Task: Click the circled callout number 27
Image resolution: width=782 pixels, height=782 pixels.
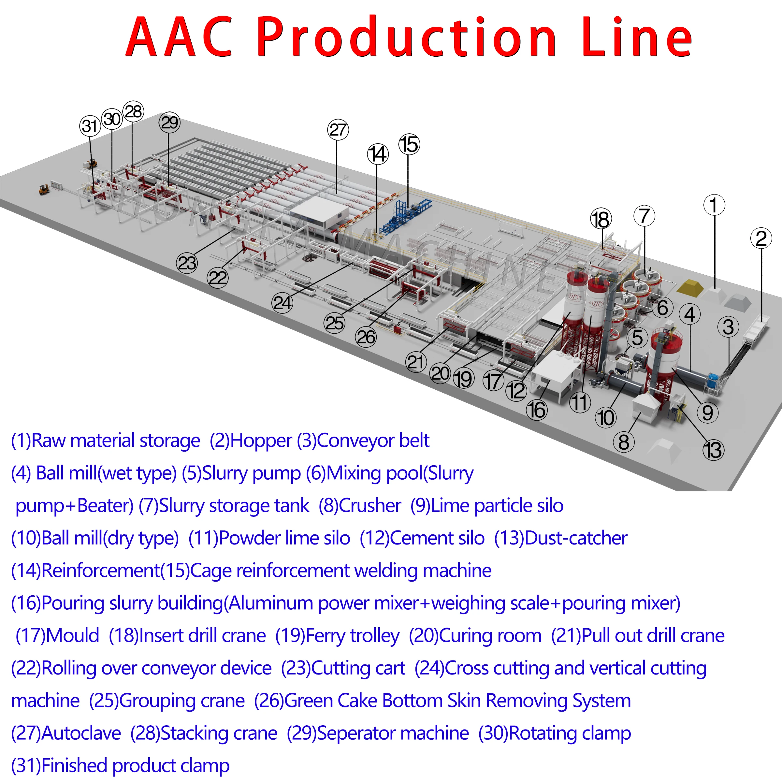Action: pyautogui.click(x=338, y=130)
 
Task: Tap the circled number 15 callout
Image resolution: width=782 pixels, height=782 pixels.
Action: pyautogui.click(x=409, y=144)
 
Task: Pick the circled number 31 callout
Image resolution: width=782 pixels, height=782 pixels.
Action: pyautogui.click(x=90, y=126)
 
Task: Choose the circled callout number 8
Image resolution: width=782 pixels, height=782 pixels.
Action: pyautogui.click(x=624, y=442)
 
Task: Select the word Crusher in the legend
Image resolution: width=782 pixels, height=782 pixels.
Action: pyautogui.click(x=369, y=506)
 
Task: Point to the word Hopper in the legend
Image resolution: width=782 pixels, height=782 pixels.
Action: pyautogui.click(x=261, y=441)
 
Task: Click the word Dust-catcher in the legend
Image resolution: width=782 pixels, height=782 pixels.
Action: pyautogui.click(x=575, y=538)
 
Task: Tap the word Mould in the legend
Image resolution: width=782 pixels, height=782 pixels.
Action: pyautogui.click(x=72, y=635)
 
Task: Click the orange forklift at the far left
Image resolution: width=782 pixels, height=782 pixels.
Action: pyautogui.click(x=44, y=189)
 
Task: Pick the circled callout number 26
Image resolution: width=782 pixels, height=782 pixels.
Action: pyautogui.click(x=366, y=337)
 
